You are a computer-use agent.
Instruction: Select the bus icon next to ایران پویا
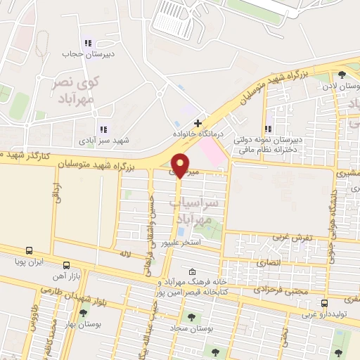click(x=30, y=250)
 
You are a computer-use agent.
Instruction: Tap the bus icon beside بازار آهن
click(x=66, y=265)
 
